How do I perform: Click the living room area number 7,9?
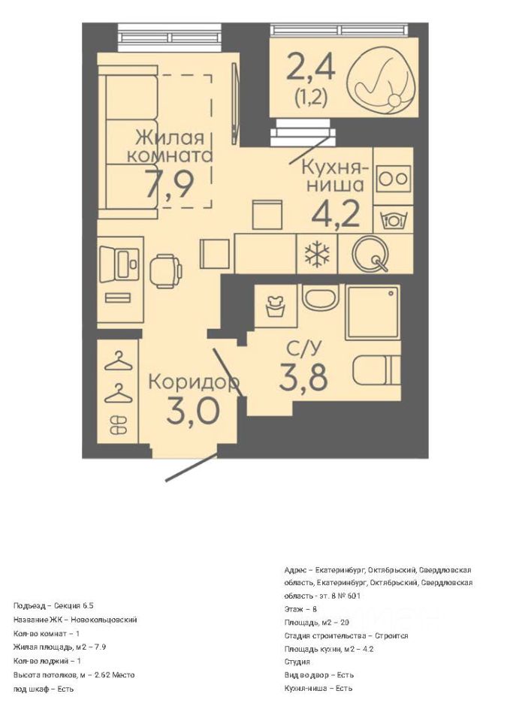point(169,183)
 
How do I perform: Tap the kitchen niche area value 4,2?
point(335,214)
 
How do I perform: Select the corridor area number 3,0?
point(193,411)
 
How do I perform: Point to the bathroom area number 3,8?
point(303,377)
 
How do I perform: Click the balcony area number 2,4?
point(311,67)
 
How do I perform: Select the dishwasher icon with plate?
point(392,220)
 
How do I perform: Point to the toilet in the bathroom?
point(376,370)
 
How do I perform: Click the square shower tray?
point(373,312)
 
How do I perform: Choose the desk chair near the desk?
point(165,271)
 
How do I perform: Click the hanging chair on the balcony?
point(382,83)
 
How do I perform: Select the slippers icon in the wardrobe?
point(118,424)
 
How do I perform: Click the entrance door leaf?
point(192,468)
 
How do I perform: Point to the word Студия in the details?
point(297,662)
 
